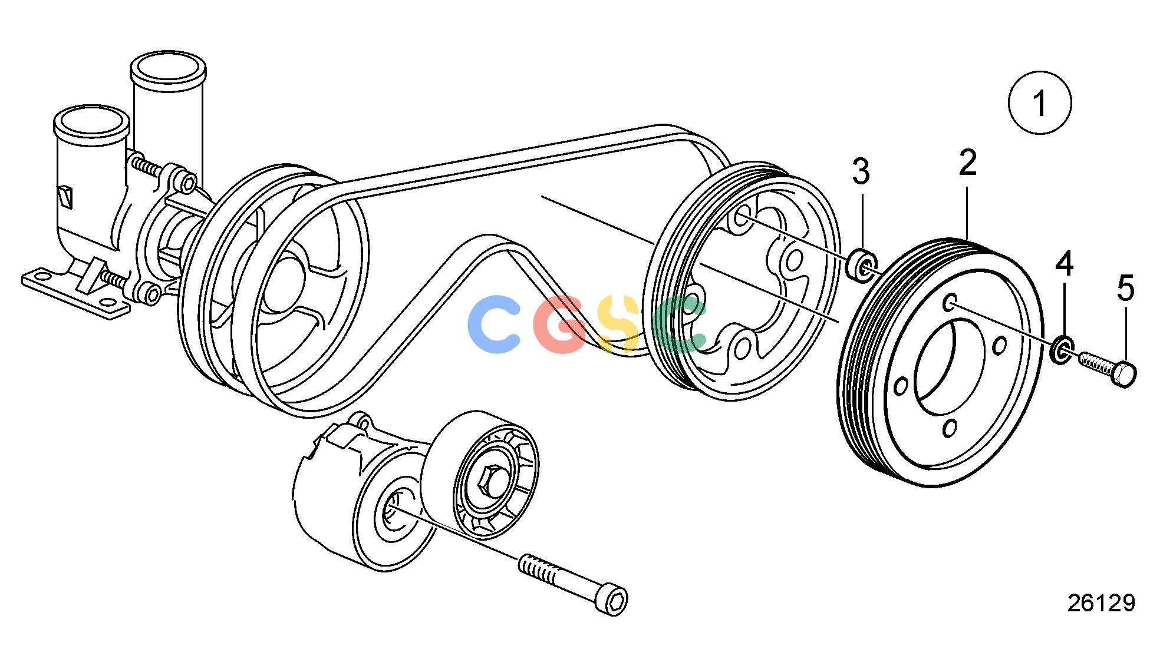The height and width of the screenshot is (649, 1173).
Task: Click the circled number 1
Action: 1040,102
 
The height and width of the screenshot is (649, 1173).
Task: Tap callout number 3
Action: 861,172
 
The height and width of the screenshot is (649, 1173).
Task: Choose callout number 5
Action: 1126,289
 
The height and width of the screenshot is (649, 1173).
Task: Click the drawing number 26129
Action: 1101,603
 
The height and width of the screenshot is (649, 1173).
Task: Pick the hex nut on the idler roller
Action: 492,481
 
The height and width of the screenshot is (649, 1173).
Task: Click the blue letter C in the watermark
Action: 493,324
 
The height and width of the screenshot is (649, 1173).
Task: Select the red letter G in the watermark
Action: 560,324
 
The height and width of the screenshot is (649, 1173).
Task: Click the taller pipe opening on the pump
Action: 168,66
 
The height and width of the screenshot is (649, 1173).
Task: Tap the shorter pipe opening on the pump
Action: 91,121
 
